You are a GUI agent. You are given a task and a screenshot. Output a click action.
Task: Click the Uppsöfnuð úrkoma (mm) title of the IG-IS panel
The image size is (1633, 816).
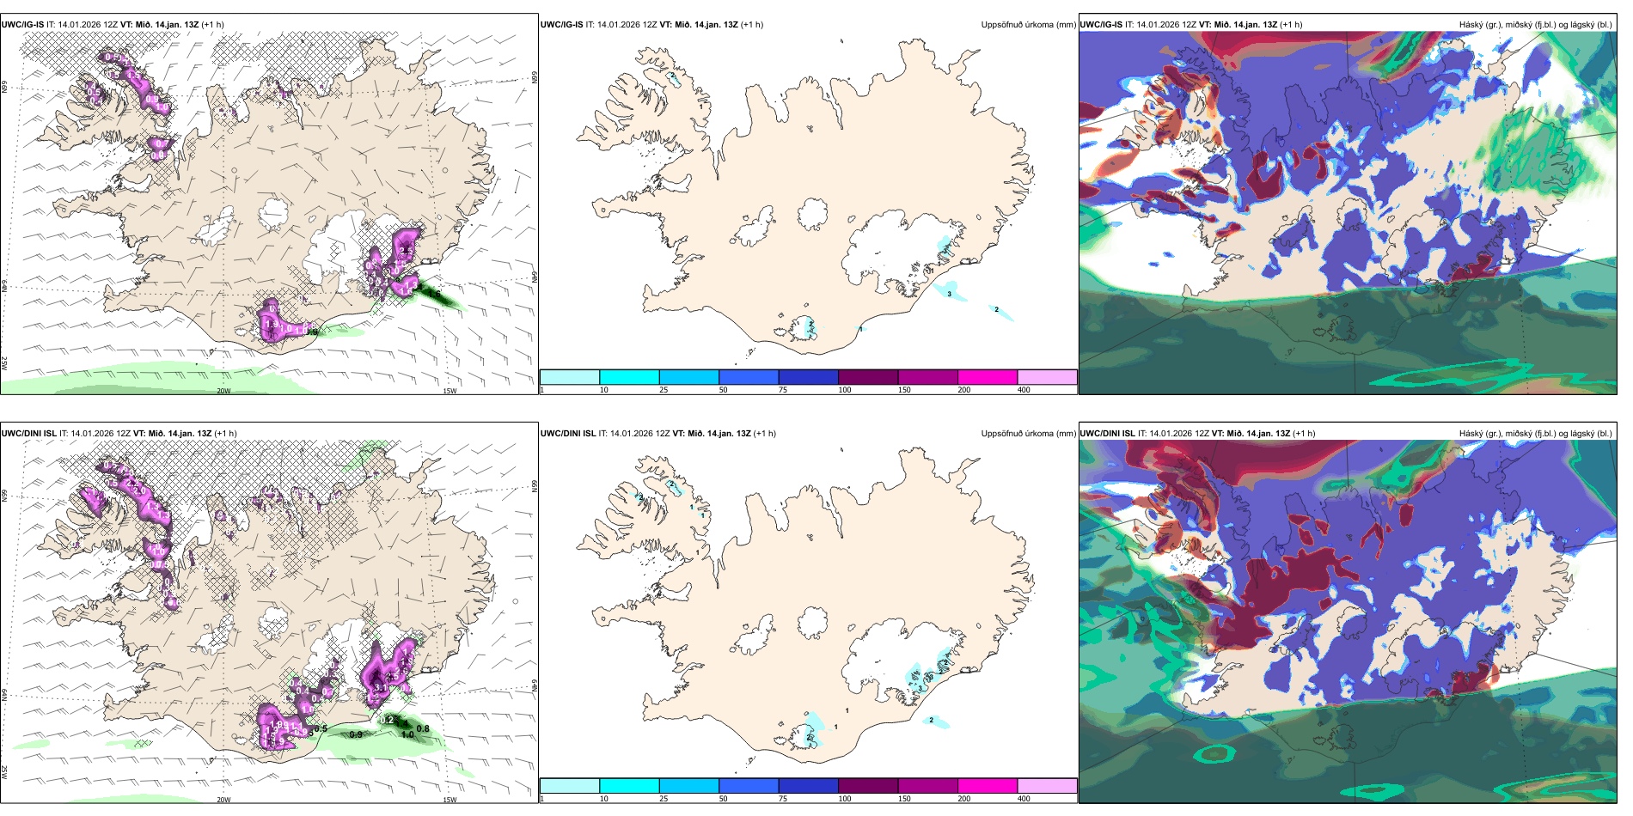[x=1028, y=25]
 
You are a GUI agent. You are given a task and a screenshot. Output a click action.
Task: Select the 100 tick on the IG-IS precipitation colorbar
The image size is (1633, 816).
[x=845, y=390]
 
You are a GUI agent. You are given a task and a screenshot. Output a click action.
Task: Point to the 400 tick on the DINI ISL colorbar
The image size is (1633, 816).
[x=1024, y=799]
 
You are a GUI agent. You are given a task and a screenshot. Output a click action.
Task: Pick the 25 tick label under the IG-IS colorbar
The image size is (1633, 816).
[x=664, y=390]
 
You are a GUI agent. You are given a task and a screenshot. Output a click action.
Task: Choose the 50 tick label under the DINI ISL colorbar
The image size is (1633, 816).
[x=723, y=799]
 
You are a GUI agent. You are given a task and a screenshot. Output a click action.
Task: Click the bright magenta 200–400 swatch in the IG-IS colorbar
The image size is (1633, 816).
[x=987, y=377]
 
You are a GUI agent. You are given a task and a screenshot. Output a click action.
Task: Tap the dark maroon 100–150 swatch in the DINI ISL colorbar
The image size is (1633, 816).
[x=867, y=786]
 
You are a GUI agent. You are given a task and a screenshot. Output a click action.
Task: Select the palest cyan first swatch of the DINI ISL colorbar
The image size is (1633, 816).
[x=569, y=786]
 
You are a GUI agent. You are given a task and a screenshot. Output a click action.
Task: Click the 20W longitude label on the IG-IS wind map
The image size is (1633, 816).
[x=223, y=391]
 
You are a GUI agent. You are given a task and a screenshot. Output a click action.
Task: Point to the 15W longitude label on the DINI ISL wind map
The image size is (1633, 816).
[x=449, y=800]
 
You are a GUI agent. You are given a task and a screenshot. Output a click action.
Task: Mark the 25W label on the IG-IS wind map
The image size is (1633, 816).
[x=4, y=363]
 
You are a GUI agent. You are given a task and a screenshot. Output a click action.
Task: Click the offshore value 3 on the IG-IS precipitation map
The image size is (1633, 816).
[x=949, y=294]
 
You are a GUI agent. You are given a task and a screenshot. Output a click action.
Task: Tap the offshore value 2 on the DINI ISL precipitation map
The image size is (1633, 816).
[x=932, y=720]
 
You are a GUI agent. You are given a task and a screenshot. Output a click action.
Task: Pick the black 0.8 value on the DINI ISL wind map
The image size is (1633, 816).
[x=423, y=729]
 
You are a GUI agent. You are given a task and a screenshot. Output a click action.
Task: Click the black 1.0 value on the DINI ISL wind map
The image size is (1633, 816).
[x=407, y=735]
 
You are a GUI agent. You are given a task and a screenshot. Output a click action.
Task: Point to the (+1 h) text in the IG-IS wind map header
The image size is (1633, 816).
[x=212, y=25]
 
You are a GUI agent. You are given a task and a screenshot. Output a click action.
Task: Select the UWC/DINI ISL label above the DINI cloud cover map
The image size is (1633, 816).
[x=1107, y=434]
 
